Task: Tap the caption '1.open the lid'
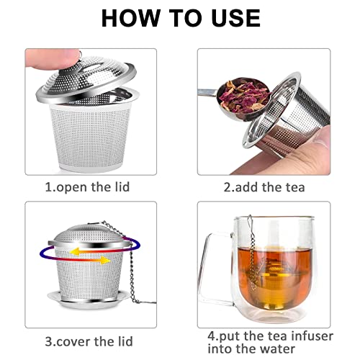coord(91,187)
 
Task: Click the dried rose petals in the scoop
coord(248,93)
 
